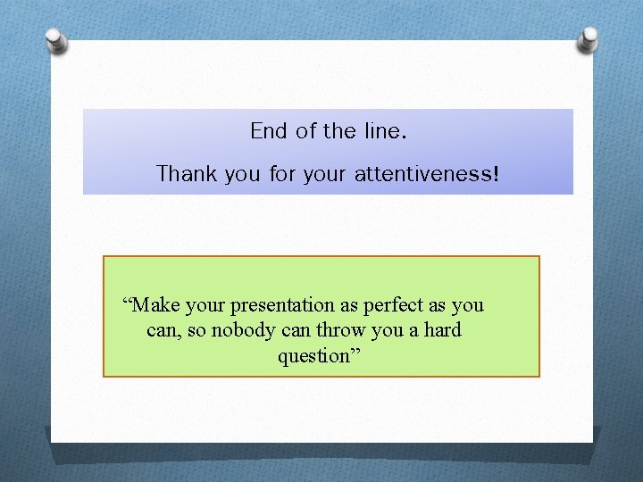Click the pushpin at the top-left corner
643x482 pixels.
[55, 40]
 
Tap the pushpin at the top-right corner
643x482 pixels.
[588, 39]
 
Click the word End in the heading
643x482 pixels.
[269, 131]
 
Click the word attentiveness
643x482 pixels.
[421, 173]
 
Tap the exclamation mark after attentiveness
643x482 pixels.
[495, 173]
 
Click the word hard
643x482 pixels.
[442, 330]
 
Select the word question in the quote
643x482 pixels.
[312, 356]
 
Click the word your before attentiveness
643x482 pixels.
[328, 173]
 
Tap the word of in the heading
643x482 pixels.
[306, 131]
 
